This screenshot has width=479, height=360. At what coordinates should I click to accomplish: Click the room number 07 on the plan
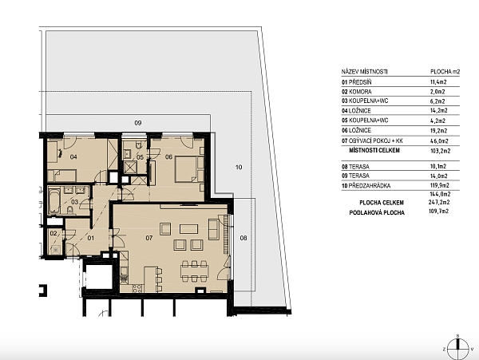tap(148, 238)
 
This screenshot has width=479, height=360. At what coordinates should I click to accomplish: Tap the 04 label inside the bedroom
tap(73, 157)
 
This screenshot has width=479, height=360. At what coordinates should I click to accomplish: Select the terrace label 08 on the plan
tap(243, 238)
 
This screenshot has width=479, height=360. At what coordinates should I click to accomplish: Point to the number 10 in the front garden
tap(239, 167)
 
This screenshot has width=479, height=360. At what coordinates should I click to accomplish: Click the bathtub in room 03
tap(54, 201)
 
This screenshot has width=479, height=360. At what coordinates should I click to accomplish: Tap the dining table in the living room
tap(194, 271)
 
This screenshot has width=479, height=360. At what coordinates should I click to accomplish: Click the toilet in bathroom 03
tap(70, 209)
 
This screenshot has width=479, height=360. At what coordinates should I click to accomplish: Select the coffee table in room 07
tap(188, 229)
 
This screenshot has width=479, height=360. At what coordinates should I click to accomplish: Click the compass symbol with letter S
tap(457, 349)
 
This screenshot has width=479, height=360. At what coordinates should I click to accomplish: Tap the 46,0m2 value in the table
tap(438, 141)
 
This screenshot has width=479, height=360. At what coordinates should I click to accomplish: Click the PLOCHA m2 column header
tap(445, 72)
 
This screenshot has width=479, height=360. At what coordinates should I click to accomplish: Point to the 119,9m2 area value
tap(439, 185)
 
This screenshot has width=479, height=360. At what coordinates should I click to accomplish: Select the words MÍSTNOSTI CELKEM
tap(374, 150)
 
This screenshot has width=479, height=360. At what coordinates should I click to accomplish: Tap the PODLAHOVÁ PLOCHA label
tap(377, 212)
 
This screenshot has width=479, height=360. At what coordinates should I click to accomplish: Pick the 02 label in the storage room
tap(53, 234)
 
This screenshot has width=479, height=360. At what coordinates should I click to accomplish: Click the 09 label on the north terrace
tap(138, 123)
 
